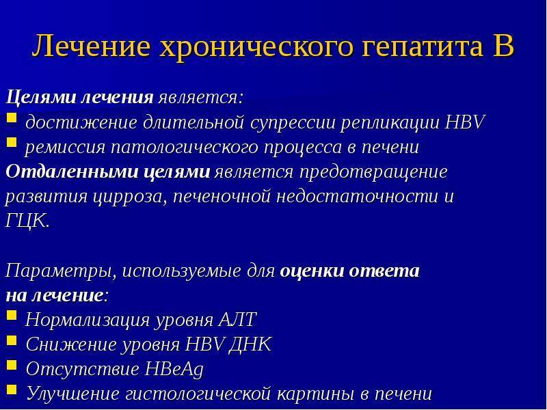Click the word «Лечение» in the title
(x=91, y=46)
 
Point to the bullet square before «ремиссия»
(x=12, y=142)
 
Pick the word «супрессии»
(x=293, y=124)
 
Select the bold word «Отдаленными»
(x=72, y=172)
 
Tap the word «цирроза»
(x=129, y=197)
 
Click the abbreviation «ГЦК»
(x=27, y=221)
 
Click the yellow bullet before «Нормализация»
(x=12, y=315)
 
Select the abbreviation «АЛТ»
(x=237, y=319)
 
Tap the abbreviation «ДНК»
(x=250, y=344)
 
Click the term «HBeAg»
(x=174, y=369)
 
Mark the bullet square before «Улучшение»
(x=12, y=389)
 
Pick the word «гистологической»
(x=198, y=394)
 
